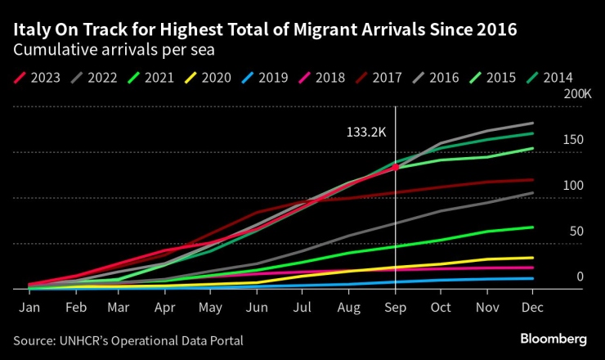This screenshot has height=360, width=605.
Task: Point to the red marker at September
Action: coord(395,167)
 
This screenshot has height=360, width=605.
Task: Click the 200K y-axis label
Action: coord(577,94)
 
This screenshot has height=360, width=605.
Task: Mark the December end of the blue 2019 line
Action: coord(532,278)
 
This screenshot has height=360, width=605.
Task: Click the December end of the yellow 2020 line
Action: coord(532,258)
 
